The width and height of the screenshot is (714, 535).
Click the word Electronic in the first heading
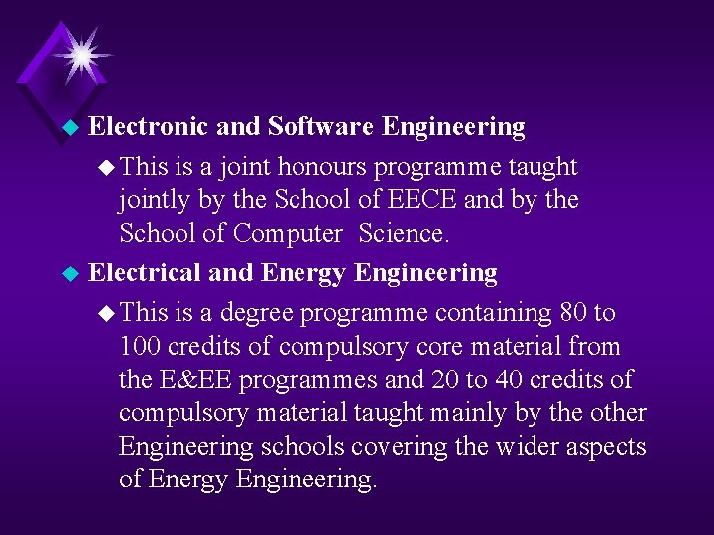pos(148,127)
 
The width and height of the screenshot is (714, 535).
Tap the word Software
pos(320,127)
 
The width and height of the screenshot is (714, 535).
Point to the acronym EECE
pos(421,200)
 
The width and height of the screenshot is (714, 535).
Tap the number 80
pos(572,313)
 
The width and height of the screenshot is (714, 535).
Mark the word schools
pos(305,448)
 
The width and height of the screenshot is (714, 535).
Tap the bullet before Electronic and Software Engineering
pos(69,128)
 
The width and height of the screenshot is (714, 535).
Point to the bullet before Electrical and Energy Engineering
pos(69,273)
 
